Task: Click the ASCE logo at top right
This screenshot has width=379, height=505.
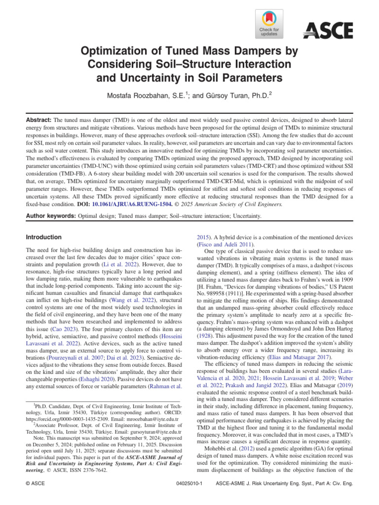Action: [328, 31]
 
